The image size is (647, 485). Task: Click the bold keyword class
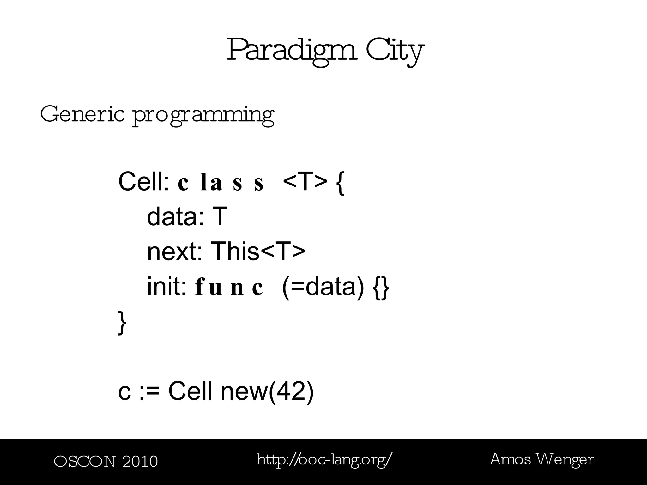point(221,183)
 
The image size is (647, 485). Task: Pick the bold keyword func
point(229,288)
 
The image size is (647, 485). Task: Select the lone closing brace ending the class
point(122,322)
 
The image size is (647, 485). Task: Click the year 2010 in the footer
point(140,462)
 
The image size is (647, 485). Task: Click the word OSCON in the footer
point(85,462)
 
